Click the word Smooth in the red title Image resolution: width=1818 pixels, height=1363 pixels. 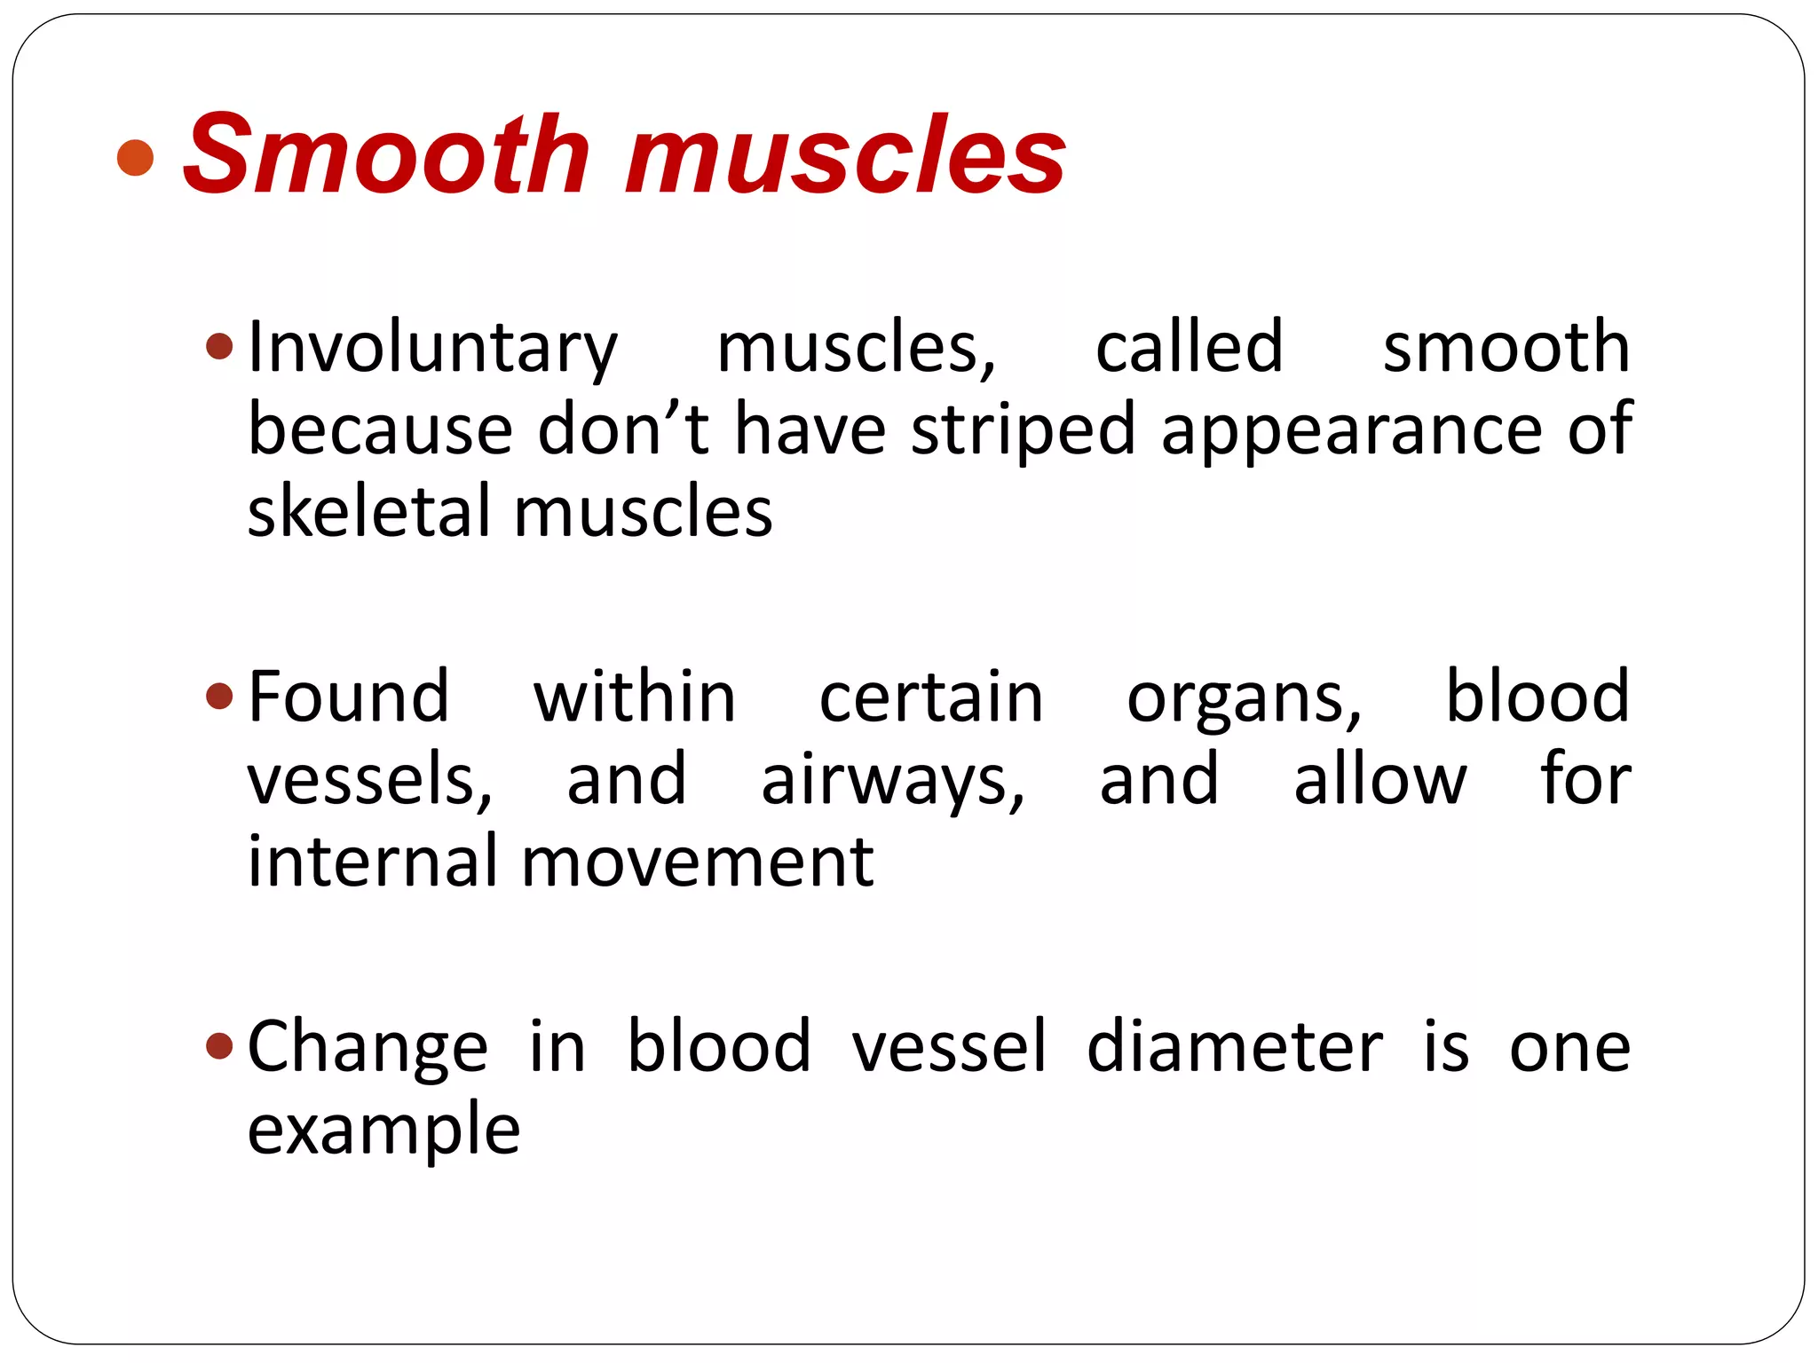[386, 155]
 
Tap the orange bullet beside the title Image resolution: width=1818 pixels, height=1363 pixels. [136, 157]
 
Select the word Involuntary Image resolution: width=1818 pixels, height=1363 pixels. [432, 348]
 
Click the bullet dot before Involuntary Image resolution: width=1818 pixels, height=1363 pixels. [218, 345]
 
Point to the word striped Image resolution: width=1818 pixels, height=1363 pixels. [1024, 431]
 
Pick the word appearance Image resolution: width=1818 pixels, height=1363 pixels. [1352, 431]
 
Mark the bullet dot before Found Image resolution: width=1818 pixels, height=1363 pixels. [218, 696]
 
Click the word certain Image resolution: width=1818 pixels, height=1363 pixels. [931, 697]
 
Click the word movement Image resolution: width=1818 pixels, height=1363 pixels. [697, 863]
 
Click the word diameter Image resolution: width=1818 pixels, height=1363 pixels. [1235, 1047]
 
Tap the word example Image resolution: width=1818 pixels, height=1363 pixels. [383, 1131]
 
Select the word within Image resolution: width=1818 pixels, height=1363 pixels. [635, 697]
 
